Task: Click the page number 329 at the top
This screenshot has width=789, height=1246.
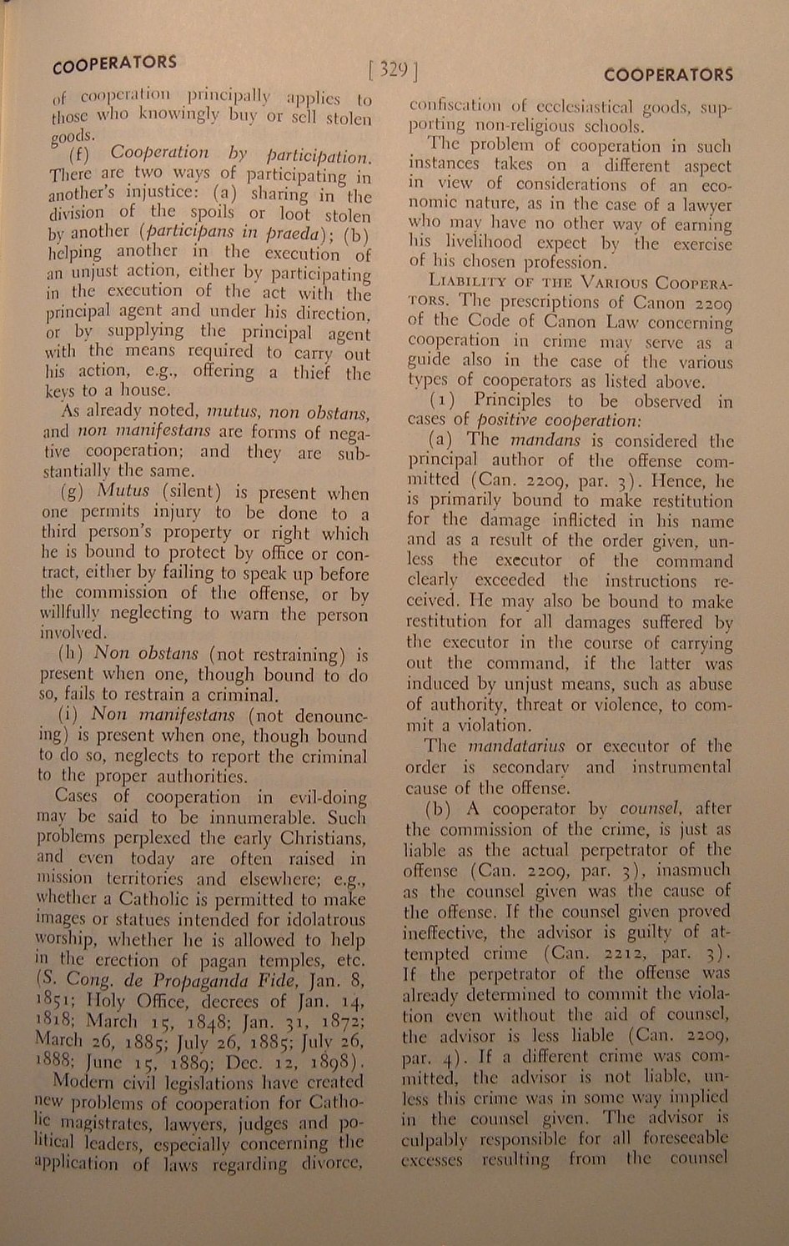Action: (391, 69)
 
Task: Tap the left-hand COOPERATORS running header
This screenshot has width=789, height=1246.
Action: (113, 64)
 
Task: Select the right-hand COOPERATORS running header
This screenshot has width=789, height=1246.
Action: (668, 75)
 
